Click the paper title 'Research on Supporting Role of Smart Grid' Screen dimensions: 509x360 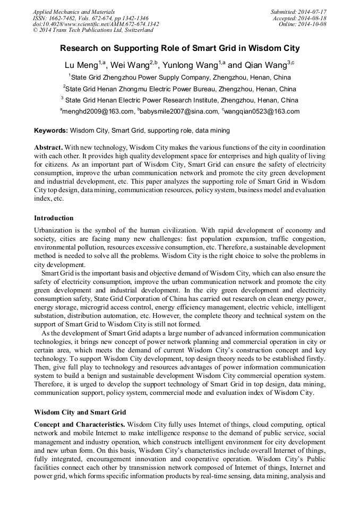click(179, 48)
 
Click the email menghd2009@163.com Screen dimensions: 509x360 click(98, 111)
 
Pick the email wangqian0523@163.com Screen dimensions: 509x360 click(262, 111)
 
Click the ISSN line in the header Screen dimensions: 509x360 click(90, 18)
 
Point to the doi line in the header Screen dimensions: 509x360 click(96, 24)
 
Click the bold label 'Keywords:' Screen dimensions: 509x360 click(51, 131)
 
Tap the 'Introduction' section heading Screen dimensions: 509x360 click(54, 218)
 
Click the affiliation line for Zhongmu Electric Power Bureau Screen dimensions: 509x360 click(179, 89)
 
